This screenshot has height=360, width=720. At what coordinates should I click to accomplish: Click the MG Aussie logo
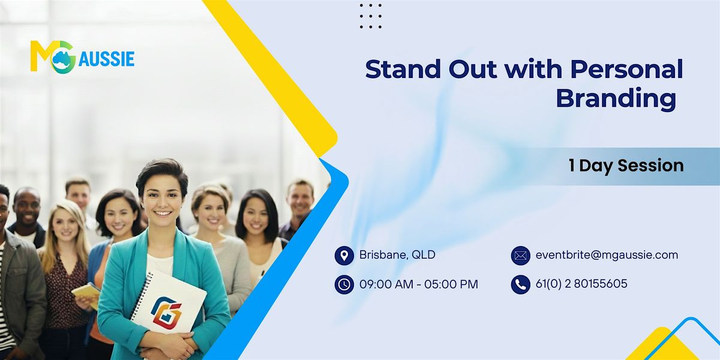[x=82, y=57]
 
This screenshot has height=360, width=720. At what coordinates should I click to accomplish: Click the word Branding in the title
[x=616, y=98]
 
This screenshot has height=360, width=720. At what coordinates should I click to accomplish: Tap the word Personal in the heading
[x=627, y=69]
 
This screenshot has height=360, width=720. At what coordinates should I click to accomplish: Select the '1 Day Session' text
[x=626, y=166]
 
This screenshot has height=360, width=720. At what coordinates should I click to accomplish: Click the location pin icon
[x=344, y=256]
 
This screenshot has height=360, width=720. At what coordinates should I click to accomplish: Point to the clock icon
[x=344, y=284]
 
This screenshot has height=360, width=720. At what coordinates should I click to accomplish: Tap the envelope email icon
[x=521, y=256]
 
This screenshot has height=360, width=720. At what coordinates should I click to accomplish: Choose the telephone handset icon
[x=521, y=284]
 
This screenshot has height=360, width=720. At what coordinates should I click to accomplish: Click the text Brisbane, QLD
[x=397, y=255]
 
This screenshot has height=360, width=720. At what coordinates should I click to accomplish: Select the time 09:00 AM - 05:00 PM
[x=419, y=284]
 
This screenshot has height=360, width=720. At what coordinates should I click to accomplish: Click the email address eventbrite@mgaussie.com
[x=607, y=255]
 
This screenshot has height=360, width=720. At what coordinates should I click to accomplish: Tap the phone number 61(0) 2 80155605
[x=581, y=284]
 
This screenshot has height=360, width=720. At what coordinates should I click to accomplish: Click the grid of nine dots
[x=371, y=16]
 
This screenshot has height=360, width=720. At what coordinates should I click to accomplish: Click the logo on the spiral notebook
[x=166, y=311]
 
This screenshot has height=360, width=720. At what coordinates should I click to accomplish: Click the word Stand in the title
[x=403, y=69]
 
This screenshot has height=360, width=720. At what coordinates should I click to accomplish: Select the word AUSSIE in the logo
[x=106, y=59]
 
